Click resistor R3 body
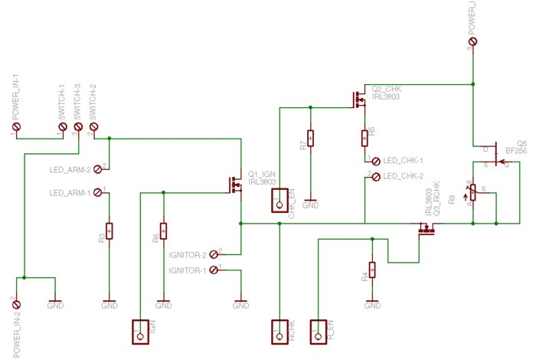[109, 230]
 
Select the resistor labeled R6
[163, 230]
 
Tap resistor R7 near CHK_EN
[310, 139]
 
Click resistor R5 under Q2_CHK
[366, 138]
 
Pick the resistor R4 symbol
[372, 270]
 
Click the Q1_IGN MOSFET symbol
[234, 184]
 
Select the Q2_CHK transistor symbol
[358, 100]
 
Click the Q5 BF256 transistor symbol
[492, 155]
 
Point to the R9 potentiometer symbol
[473, 191]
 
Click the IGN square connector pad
[140, 331]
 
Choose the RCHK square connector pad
[279, 331]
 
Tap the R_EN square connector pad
[319, 331]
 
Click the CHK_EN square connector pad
[278, 201]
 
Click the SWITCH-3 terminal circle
[78, 127]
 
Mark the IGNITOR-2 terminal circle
[214, 253]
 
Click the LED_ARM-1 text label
[70, 193]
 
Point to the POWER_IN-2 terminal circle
[17, 306]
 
